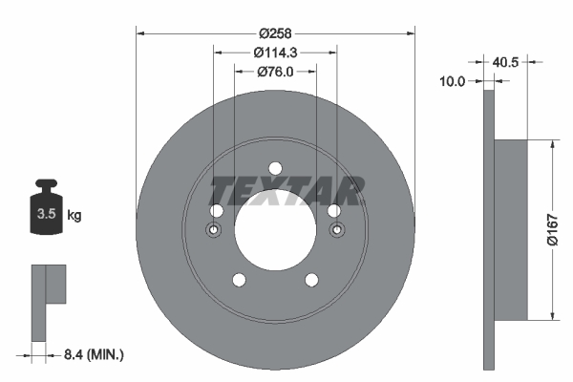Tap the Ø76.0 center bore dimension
pos(275,70)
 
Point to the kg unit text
pos(74,215)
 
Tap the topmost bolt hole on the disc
pos(275,168)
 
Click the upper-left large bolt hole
pos(216,211)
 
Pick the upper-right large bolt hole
pos(334,211)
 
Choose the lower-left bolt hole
pos(239,280)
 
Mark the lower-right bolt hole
pos(311,280)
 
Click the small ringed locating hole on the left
pos(213,230)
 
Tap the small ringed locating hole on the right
pos(336,230)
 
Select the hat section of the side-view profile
pos(513,230)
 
